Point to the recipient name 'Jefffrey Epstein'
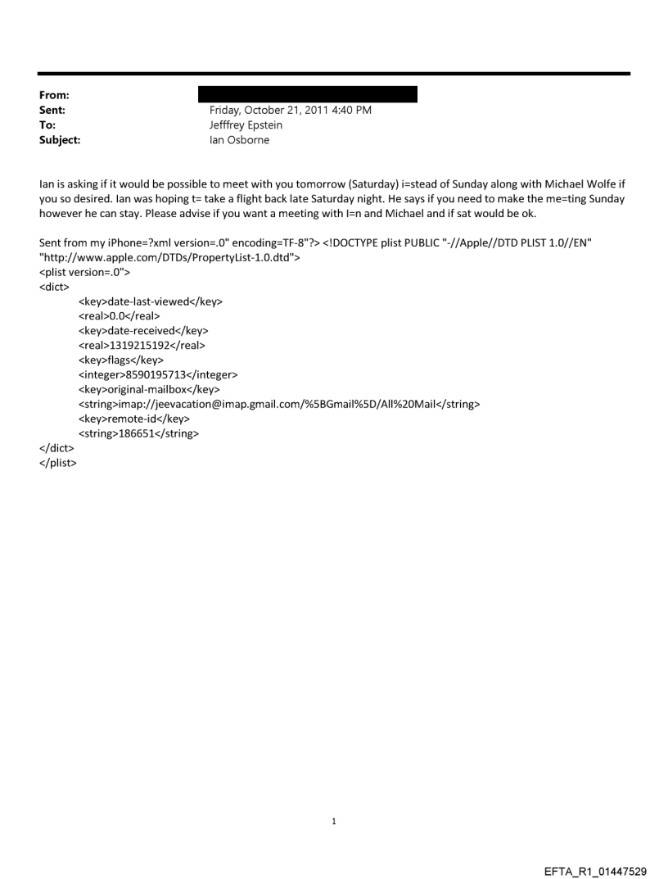click(246, 125)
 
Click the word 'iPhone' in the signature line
click(124, 243)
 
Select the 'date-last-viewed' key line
click(151, 302)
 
